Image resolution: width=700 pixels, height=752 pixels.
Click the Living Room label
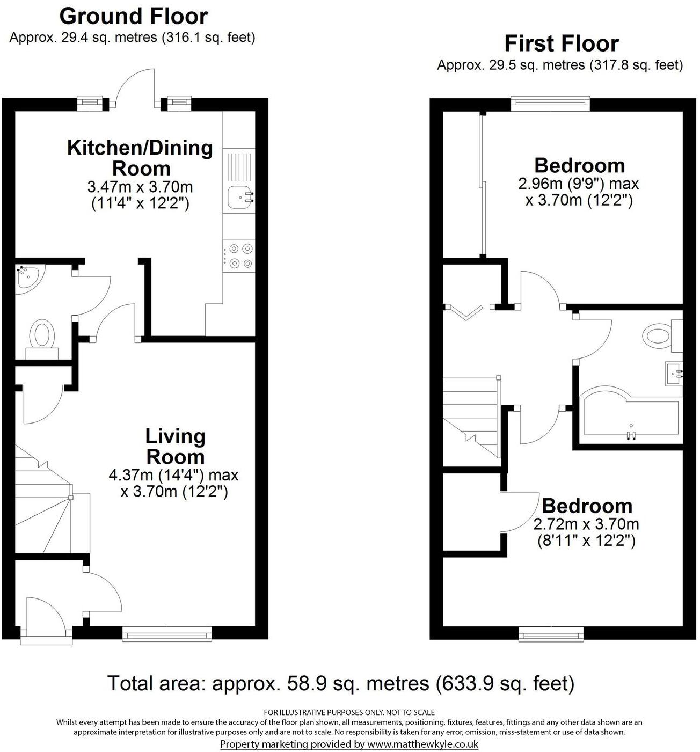[176, 446]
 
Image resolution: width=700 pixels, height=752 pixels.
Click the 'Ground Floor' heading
[133, 16]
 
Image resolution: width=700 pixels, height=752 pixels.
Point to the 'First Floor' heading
[562, 43]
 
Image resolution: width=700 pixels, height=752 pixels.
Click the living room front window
[167, 634]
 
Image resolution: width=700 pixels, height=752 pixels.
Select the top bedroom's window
[550, 103]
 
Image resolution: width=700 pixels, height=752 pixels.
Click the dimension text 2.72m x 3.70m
[586, 523]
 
